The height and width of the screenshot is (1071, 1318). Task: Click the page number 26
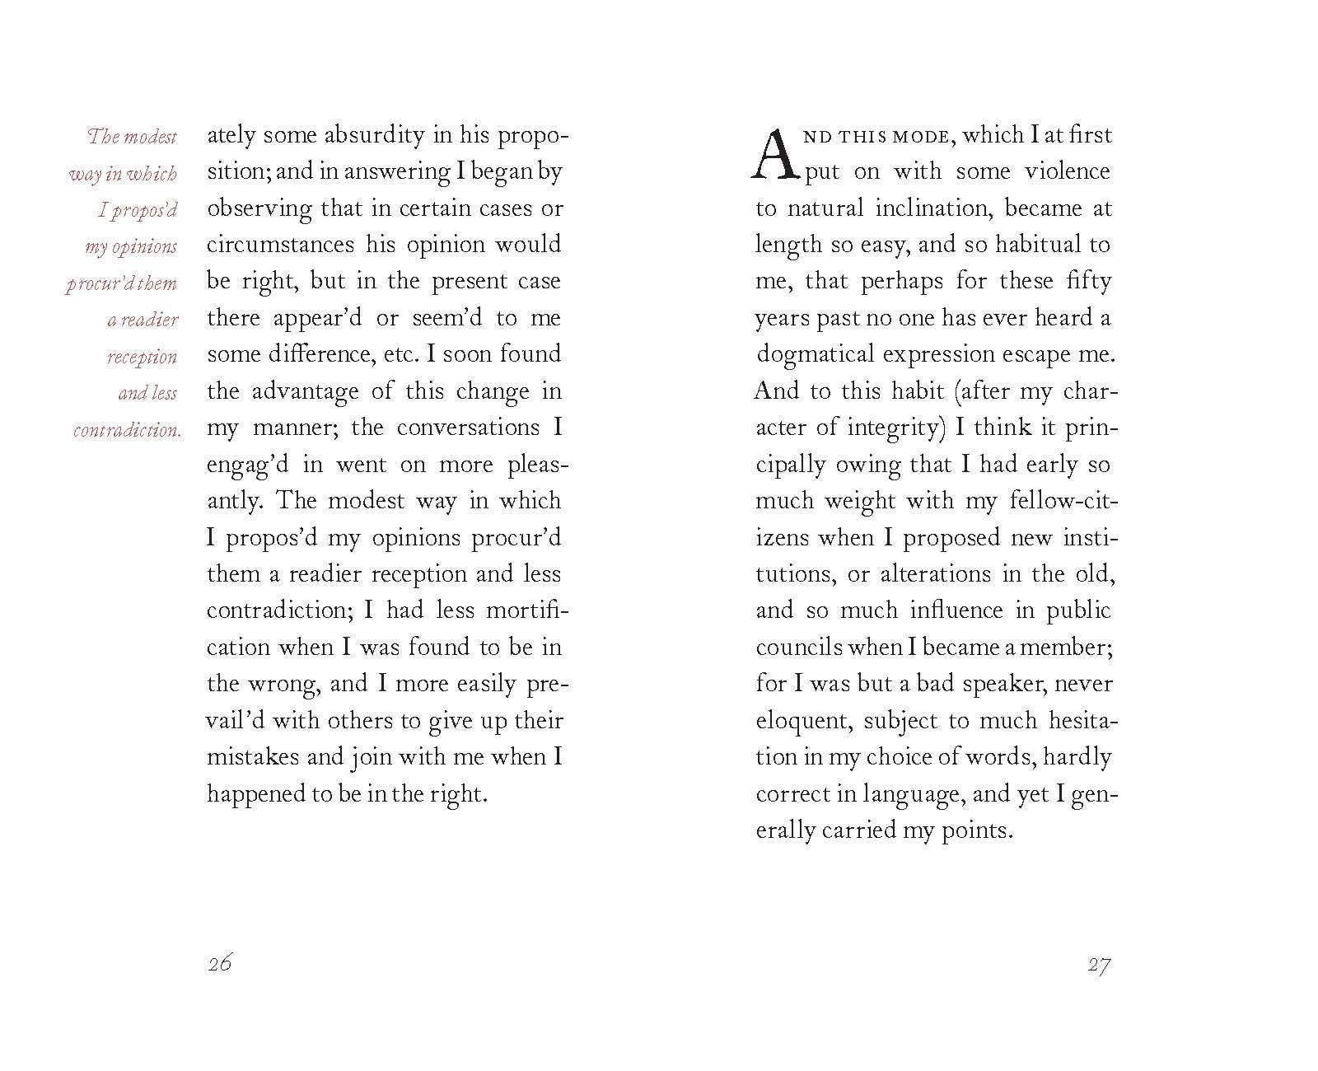(220, 963)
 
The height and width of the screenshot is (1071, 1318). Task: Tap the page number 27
(1099, 965)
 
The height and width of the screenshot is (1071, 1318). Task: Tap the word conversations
(468, 428)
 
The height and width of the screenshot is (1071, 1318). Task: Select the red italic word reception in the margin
(142, 357)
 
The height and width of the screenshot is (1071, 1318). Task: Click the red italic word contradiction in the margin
(126, 430)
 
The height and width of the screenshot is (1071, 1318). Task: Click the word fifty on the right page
(1088, 281)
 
